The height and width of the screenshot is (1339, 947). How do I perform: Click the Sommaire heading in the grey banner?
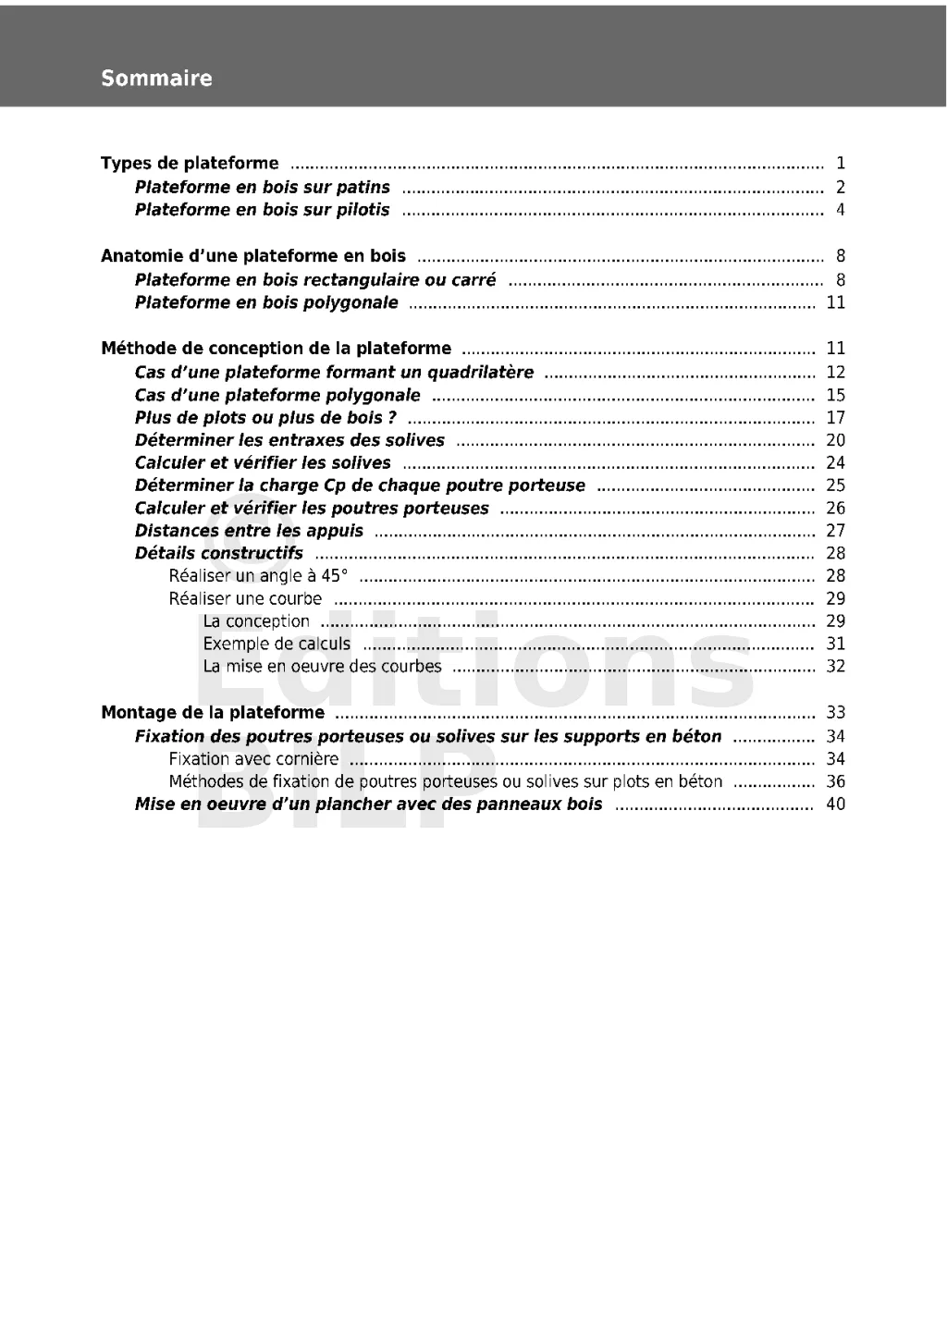[156, 79]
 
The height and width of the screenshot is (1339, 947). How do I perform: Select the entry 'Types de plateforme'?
[190, 164]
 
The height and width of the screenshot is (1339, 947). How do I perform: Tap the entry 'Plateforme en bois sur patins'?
[263, 188]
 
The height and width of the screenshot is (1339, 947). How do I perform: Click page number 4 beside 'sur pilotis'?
[840, 210]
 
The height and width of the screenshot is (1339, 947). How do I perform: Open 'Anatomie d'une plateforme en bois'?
[252, 256]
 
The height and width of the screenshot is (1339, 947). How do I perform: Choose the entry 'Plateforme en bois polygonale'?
[266, 302]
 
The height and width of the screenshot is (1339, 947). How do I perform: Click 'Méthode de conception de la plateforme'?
[276, 349]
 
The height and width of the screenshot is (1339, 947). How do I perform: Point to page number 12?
[835, 372]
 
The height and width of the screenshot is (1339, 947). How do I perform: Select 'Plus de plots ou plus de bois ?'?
[265, 418]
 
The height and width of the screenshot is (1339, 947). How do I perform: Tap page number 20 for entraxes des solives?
[835, 440]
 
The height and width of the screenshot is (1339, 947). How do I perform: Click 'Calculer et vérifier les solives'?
[263, 463]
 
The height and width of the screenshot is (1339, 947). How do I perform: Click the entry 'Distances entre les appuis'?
[249, 531]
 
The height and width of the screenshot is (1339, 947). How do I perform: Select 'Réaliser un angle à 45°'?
[258, 576]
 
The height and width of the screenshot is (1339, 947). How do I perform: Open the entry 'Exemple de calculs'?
[277, 644]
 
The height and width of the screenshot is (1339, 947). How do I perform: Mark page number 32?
[835, 666]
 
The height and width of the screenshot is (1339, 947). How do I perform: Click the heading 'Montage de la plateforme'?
[213, 712]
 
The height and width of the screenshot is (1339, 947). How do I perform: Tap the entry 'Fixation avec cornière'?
[253, 759]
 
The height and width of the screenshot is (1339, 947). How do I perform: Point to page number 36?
[835, 781]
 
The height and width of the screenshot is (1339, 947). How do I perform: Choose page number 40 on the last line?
[835, 804]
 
